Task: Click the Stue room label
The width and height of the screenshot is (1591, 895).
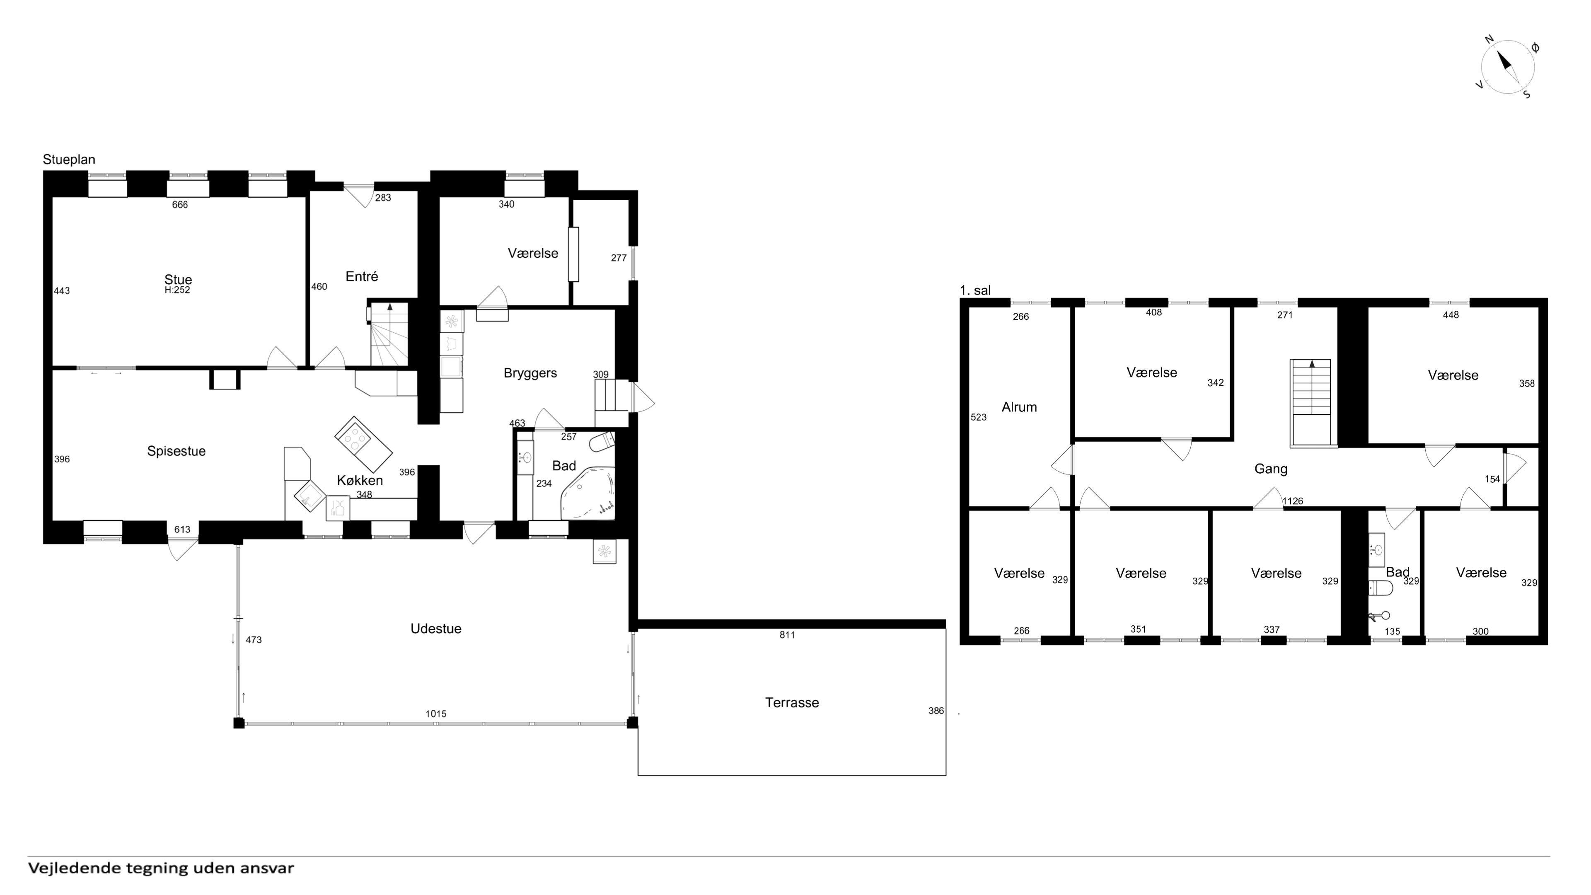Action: click(178, 279)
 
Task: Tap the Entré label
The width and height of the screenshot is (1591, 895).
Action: click(362, 276)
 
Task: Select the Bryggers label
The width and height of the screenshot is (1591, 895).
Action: click(530, 373)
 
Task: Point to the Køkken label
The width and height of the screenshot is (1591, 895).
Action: click(360, 480)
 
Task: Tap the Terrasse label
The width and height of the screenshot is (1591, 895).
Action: click(792, 702)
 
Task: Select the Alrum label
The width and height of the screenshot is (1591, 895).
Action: click(1019, 407)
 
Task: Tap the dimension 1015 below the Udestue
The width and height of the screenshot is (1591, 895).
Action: click(435, 714)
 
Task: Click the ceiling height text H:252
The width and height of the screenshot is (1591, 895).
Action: click(177, 290)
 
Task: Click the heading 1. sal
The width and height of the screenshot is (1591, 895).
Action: click(975, 290)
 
